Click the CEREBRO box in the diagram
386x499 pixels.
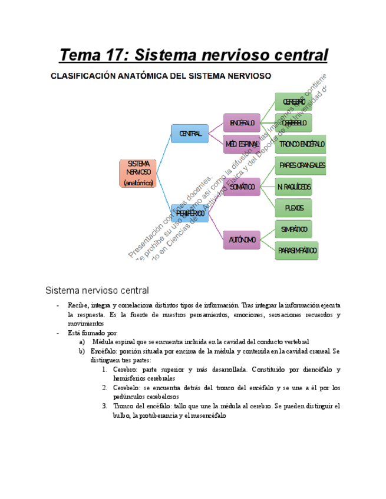click(x=293, y=102)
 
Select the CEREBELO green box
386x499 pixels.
click(x=293, y=123)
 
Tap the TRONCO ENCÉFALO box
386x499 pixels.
click(x=301, y=144)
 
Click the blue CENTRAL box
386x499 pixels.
click(x=190, y=134)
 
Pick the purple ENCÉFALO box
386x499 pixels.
click(x=242, y=123)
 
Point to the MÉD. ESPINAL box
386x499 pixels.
click(x=242, y=144)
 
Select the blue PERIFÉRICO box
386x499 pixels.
click(x=190, y=214)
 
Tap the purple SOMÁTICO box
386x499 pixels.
click(x=242, y=187)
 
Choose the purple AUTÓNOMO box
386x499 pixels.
click(x=242, y=239)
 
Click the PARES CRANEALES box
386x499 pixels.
click(x=301, y=165)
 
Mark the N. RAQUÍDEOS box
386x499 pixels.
click(x=293, y=187)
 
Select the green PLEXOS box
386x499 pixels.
click(x=293, y=208)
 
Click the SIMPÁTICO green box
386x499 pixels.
click(x=293, y=229)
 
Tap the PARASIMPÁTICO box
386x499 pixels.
click(x=297, y=251)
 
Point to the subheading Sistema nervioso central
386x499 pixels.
click(x=97, y=290)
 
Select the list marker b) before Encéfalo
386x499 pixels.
click(x=82, y=351)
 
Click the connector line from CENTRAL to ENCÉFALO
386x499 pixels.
click(x=216, y=128)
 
